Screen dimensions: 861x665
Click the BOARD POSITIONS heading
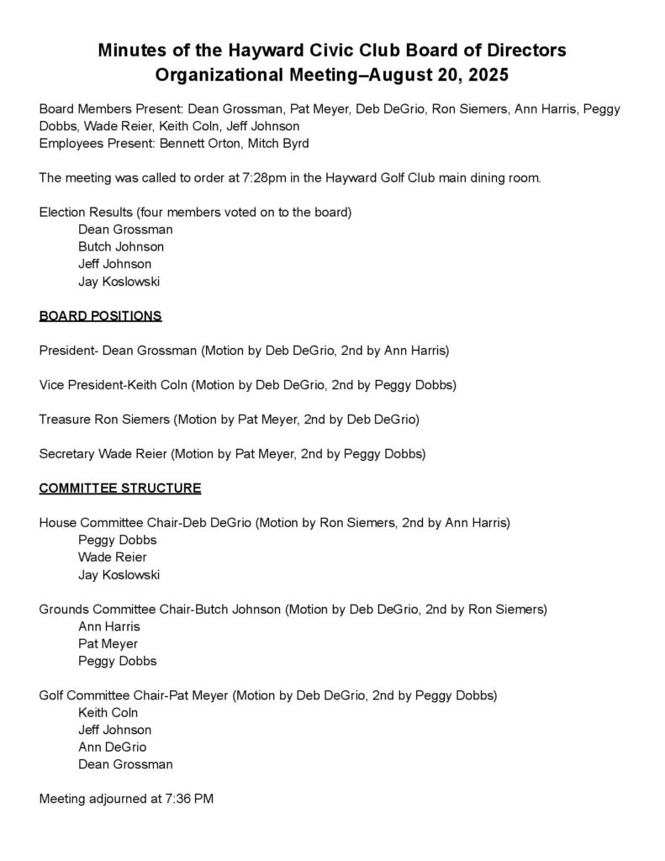(x=100, y=316)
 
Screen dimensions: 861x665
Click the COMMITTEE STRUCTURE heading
(x=120, y=488)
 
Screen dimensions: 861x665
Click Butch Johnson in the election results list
(x=121, y=246)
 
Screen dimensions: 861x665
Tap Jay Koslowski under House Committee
(x=119, y=575)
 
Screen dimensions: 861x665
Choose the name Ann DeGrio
(x=112, y=747)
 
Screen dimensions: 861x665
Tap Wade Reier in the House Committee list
(x=112, y=557)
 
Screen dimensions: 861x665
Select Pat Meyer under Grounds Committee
(x=108, y=644)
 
